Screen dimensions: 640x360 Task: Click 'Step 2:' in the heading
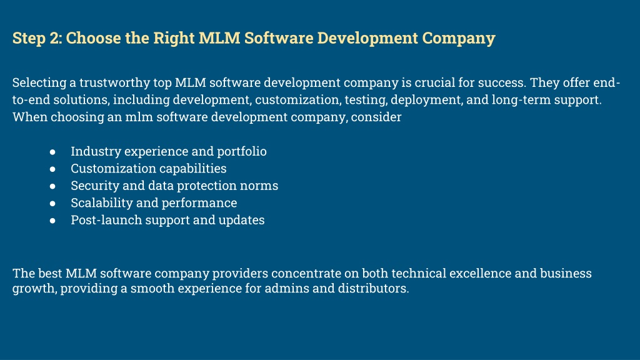click(37, 38)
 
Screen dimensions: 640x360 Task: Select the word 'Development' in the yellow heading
click(367, 38)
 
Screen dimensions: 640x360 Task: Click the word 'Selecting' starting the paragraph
click(39, 83)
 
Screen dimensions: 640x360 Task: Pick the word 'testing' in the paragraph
click(366, 100)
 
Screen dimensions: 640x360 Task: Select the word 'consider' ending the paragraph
click(376, 117)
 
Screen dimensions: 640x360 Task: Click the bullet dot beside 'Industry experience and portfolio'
click(52, 152)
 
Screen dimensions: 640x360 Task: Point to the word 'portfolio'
click(242, 151)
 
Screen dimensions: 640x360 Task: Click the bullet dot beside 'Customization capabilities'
click(52, 169)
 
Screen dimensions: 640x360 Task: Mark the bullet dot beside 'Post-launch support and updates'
click(52, 221)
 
